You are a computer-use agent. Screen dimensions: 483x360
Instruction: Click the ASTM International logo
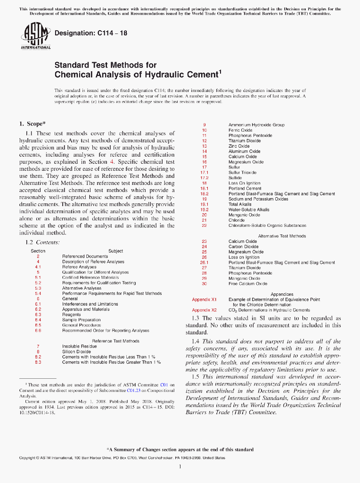[35, 37]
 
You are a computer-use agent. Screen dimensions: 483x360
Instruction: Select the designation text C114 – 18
[91, 33]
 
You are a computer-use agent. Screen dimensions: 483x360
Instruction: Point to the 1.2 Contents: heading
[42, 242]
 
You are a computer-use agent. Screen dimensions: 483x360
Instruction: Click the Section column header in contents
[38, 251]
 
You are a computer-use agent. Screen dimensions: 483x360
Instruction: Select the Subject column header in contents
[115, 251]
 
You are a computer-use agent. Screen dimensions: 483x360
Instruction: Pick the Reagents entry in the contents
[71, 315]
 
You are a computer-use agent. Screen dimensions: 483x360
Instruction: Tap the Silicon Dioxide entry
[76, 351]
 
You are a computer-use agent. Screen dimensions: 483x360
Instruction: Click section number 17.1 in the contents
[205, 172]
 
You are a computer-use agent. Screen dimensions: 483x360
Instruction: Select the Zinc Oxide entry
[239, 146]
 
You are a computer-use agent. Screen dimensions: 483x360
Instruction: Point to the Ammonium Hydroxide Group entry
[256, 125]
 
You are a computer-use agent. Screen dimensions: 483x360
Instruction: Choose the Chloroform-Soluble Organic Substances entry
[267, 225]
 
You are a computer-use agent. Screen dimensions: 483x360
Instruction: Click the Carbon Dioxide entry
[243, 246]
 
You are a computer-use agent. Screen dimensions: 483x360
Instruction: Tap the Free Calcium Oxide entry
[247, 283]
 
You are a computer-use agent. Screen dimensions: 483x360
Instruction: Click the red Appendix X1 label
[204, 300]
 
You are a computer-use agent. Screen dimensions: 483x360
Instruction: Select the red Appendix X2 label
[204, 310]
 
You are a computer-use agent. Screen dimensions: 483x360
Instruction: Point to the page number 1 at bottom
[180, 467]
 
